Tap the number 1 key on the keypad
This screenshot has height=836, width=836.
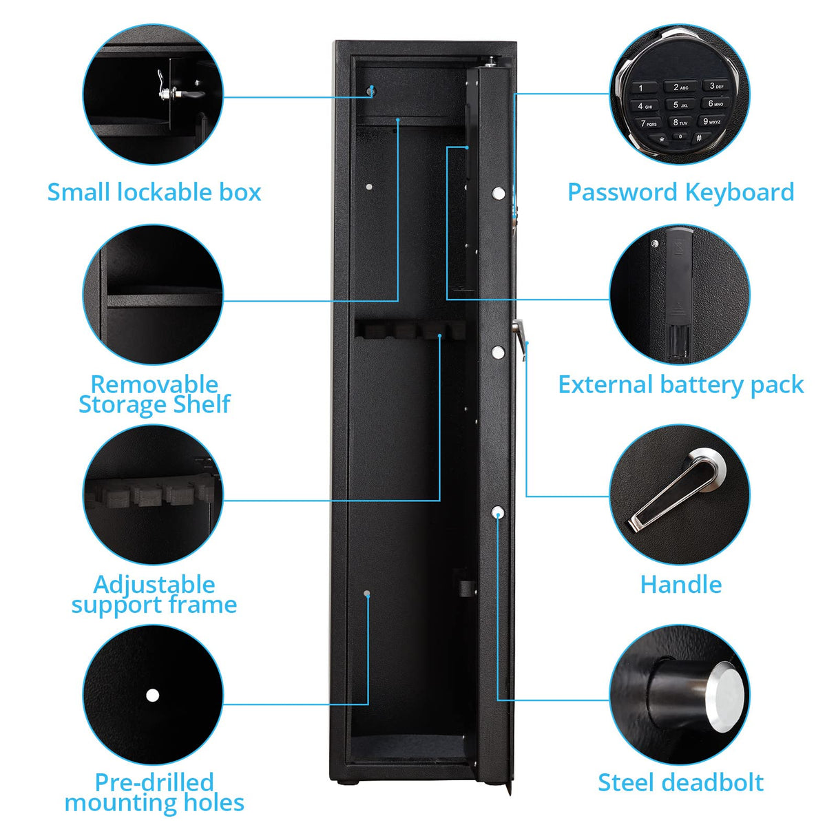click(642, 88)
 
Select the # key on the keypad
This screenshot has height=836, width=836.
click(698, 138)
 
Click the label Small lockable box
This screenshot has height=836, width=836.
click(154, 192)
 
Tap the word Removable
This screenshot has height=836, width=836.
click(154, 384)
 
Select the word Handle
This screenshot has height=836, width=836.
click(680, 585)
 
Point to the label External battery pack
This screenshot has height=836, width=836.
click(680, 384)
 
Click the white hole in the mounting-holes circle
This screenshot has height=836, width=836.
click(152, 695)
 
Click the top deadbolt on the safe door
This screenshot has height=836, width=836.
click(499, 193)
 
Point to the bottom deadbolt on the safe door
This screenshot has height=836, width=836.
click(498, 512)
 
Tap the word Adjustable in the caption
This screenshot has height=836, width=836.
click(154, 584)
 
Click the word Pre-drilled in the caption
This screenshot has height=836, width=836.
click(154, 782)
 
